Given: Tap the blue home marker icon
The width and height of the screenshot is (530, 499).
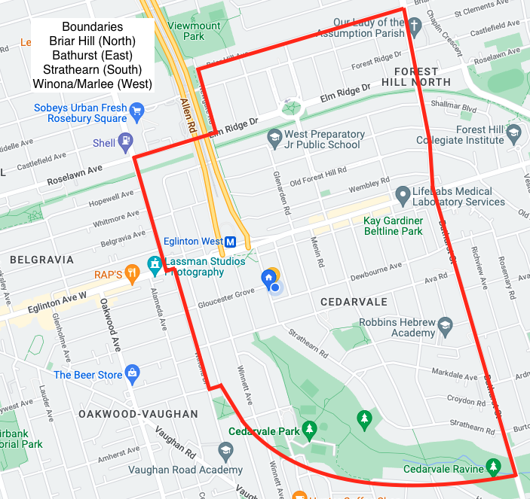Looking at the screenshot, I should tap(268, 278).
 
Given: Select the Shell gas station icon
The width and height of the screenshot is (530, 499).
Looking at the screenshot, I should tap(125, 141).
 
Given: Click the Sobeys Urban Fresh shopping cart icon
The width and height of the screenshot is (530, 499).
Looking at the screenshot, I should tap(136, 113).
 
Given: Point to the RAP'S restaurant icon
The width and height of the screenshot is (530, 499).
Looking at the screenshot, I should tap(133, 273).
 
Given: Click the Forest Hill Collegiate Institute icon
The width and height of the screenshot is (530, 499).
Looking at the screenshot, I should tap(513, 135).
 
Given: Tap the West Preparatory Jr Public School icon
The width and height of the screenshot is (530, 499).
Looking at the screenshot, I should tap(274, 139).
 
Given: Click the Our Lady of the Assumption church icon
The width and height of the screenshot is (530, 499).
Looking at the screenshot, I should tap(415, 28).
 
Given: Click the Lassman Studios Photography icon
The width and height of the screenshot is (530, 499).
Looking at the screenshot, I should tap(155, 263).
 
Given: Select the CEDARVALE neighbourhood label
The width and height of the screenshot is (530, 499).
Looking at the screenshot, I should tap(354, 302).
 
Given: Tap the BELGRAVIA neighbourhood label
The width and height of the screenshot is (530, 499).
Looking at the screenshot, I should tap(41, 260).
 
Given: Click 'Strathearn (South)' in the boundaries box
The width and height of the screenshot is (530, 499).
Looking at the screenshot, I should tap(92, 69).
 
